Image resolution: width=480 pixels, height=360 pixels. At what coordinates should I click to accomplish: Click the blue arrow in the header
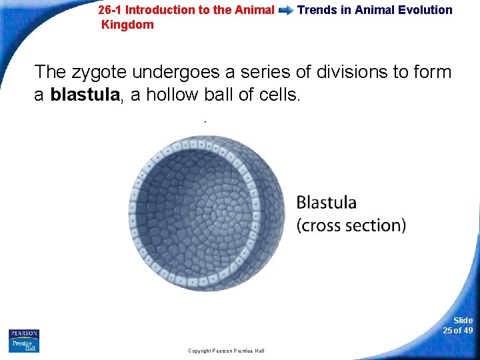point(286,11)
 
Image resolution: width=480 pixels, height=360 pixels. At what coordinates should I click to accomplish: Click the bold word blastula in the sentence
point(85,95)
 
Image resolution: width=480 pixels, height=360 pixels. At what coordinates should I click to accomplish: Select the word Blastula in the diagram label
point(327,202)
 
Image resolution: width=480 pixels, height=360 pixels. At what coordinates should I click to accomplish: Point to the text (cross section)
point(351,225)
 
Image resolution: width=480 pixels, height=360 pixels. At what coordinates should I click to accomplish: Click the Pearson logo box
point(24,333)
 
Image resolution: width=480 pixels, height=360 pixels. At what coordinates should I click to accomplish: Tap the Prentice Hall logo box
point(24,345)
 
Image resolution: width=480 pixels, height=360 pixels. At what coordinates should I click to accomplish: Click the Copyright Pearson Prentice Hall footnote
point(226,351)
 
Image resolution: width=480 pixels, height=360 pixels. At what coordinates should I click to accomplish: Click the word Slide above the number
point(463,321)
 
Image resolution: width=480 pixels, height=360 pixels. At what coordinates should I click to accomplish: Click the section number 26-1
point(110,10)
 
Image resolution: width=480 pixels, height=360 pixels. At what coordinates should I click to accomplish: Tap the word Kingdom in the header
point(127,25)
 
